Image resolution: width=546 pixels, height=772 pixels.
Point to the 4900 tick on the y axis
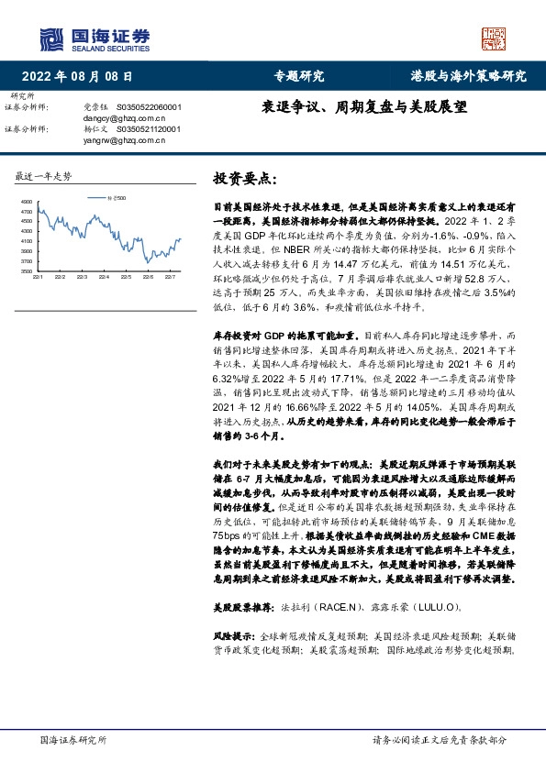pos(26,202)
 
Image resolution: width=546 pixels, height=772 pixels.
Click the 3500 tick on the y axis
pos(26,271)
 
